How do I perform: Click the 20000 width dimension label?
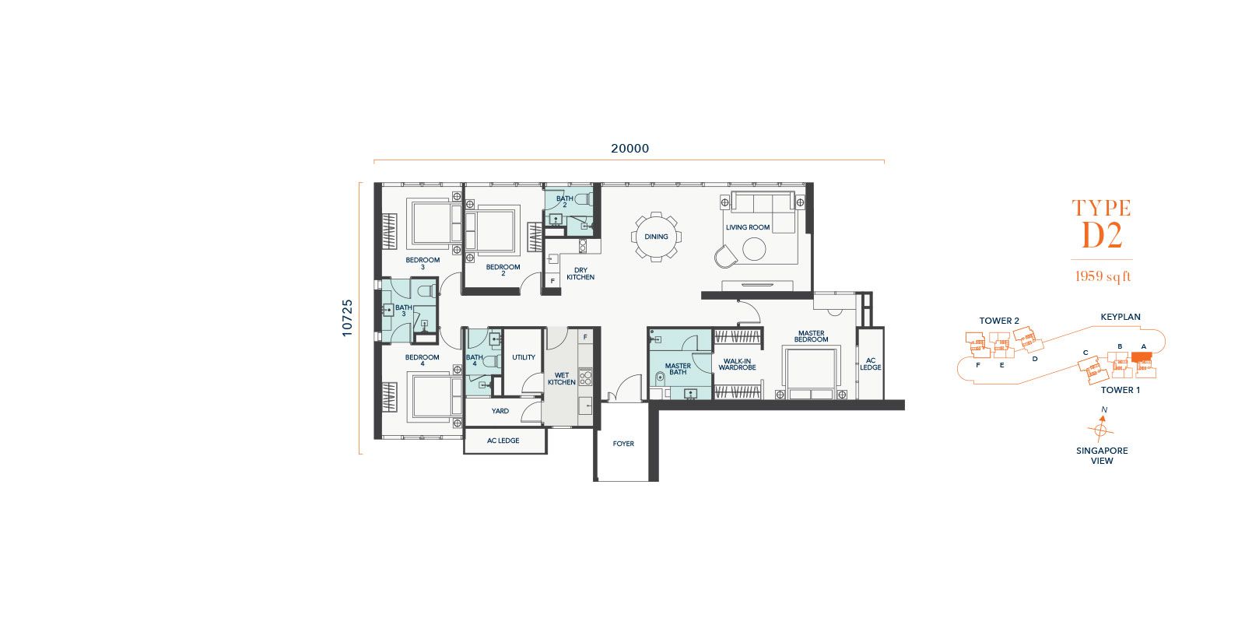630,149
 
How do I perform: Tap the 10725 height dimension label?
347,318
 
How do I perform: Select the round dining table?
656,237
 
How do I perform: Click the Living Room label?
748,226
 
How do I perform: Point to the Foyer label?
623,444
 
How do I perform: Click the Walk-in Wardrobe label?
737,364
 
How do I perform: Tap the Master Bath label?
678,369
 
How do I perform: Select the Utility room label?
524,357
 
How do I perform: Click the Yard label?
500,411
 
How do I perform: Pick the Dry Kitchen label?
580,273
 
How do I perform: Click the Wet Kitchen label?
561,379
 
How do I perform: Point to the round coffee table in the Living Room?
754,249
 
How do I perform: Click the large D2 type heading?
1102,236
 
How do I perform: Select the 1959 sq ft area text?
1103,276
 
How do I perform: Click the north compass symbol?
1100,428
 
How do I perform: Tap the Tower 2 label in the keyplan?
999,321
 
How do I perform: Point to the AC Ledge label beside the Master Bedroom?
871,364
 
